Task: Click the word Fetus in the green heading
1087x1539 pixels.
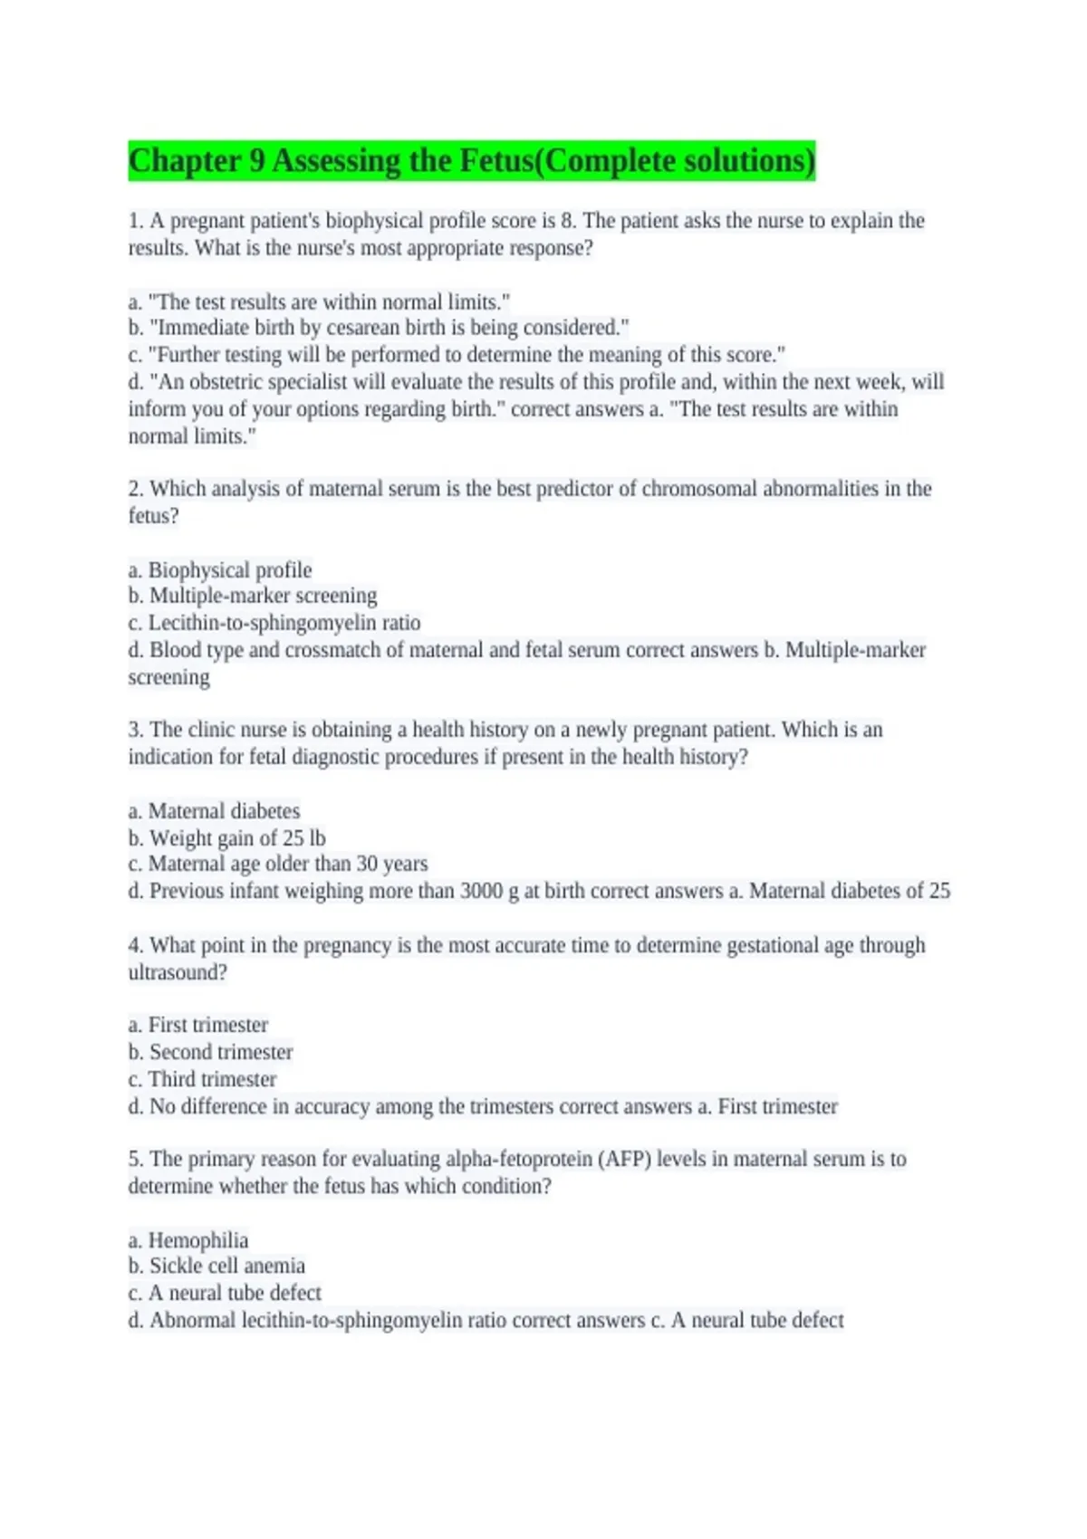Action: [x=496, y=161]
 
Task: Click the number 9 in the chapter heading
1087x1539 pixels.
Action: [x=256, y=161]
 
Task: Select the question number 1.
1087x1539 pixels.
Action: [x=135, y=221]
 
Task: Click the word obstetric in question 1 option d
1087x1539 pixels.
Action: [x=226, y=382]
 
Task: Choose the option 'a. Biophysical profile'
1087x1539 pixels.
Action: [x=220, y=570]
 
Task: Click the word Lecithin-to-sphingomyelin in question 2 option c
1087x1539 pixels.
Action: [x=264, y=623]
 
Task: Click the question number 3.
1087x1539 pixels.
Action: [x=135, y=730]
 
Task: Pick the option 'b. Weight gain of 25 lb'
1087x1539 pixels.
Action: [x=226, y=838]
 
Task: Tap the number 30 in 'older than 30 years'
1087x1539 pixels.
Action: [x=366, y=864]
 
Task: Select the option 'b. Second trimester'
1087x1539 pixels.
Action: [x=210, y=1052]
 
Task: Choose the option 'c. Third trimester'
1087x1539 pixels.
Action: [x=202, y=1079]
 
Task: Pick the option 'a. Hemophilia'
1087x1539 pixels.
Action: [x=188, y=1240]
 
